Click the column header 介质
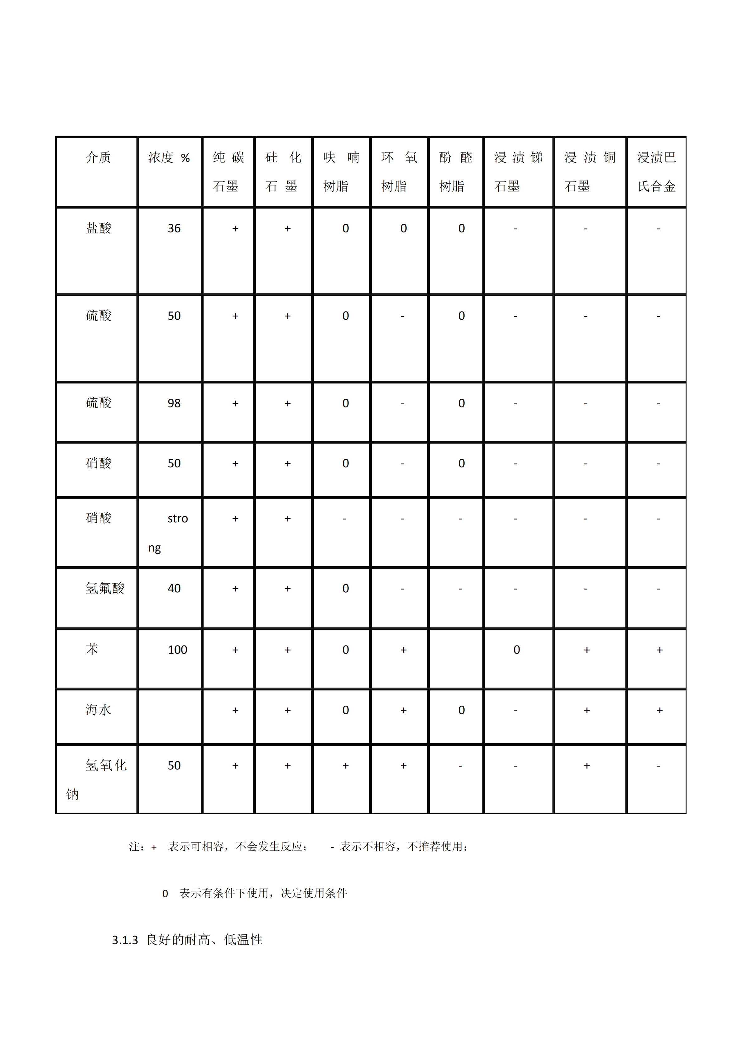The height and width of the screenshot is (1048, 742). click(98, 157)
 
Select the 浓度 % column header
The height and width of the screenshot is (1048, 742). click(169, 157)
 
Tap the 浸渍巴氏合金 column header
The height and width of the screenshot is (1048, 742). click(657, 172)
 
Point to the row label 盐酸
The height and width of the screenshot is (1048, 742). click(98, 228)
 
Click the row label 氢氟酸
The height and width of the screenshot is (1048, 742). click(105, 588)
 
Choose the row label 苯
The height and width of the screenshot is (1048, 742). click(92, 649)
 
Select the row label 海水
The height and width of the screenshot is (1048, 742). click(98, 710)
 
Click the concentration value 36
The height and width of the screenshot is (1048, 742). click(174, 228)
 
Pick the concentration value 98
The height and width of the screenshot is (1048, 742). click(174, 403)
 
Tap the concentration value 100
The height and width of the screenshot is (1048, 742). click(177, 650)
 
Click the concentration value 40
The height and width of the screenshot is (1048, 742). click(174, 588)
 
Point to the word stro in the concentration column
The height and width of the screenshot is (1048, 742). click(178, 519)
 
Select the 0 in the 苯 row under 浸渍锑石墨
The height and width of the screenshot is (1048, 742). click(517, 650)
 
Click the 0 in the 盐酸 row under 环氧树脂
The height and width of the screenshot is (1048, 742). click(404, 228)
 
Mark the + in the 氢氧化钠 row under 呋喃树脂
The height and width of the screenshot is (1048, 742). click(345, 765)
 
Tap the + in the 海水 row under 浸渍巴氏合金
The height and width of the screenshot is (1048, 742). click(659, 710)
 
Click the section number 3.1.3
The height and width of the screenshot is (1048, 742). click(125, 940)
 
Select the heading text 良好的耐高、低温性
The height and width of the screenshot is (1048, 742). click(204, 939)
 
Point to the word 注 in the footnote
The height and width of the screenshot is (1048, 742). click(134, 847)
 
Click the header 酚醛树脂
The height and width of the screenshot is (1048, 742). click(456, 172)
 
